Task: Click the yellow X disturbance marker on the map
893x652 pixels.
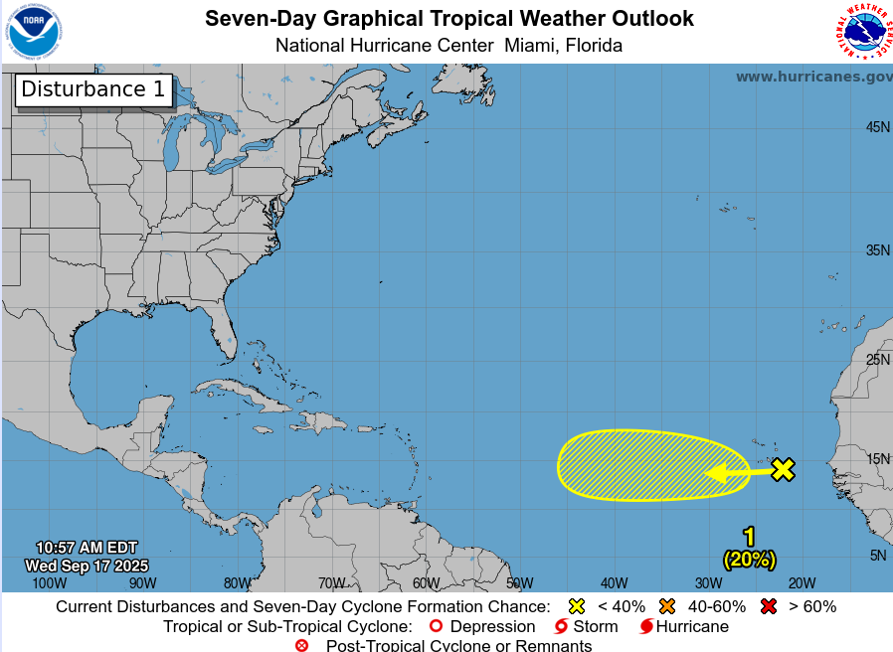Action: coord(784,470)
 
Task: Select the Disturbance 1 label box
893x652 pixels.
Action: coord(93,89)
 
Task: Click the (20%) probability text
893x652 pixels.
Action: coord(749,560)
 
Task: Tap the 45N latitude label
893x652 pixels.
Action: coord(877,127)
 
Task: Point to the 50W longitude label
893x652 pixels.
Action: coord(519,583)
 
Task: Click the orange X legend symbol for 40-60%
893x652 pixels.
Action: coord(666,606)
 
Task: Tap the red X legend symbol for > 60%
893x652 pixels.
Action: coord(768,606)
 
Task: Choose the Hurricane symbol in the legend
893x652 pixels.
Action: coord(646,627)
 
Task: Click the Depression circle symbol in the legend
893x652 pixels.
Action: coord(434,627)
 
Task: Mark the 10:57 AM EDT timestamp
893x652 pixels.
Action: coord(87,548)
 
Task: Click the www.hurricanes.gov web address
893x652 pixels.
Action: coord(813,77)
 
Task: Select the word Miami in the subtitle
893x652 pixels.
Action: coord(532,46)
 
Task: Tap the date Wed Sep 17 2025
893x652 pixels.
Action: coord(87,566)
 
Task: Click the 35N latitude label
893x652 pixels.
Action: coord(877,250)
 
